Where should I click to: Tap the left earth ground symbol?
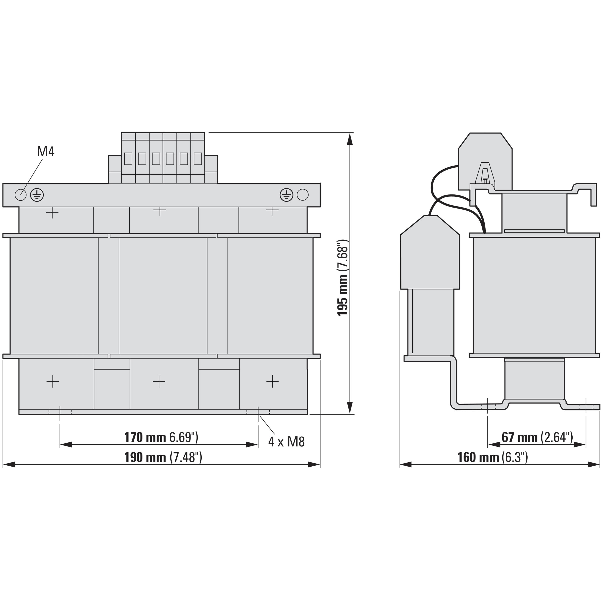(x=37, y=195)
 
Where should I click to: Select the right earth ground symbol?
(x=286, y=195)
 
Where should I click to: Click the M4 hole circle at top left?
(x=21, y=195)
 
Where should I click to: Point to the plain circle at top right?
(x=303, y=195)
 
